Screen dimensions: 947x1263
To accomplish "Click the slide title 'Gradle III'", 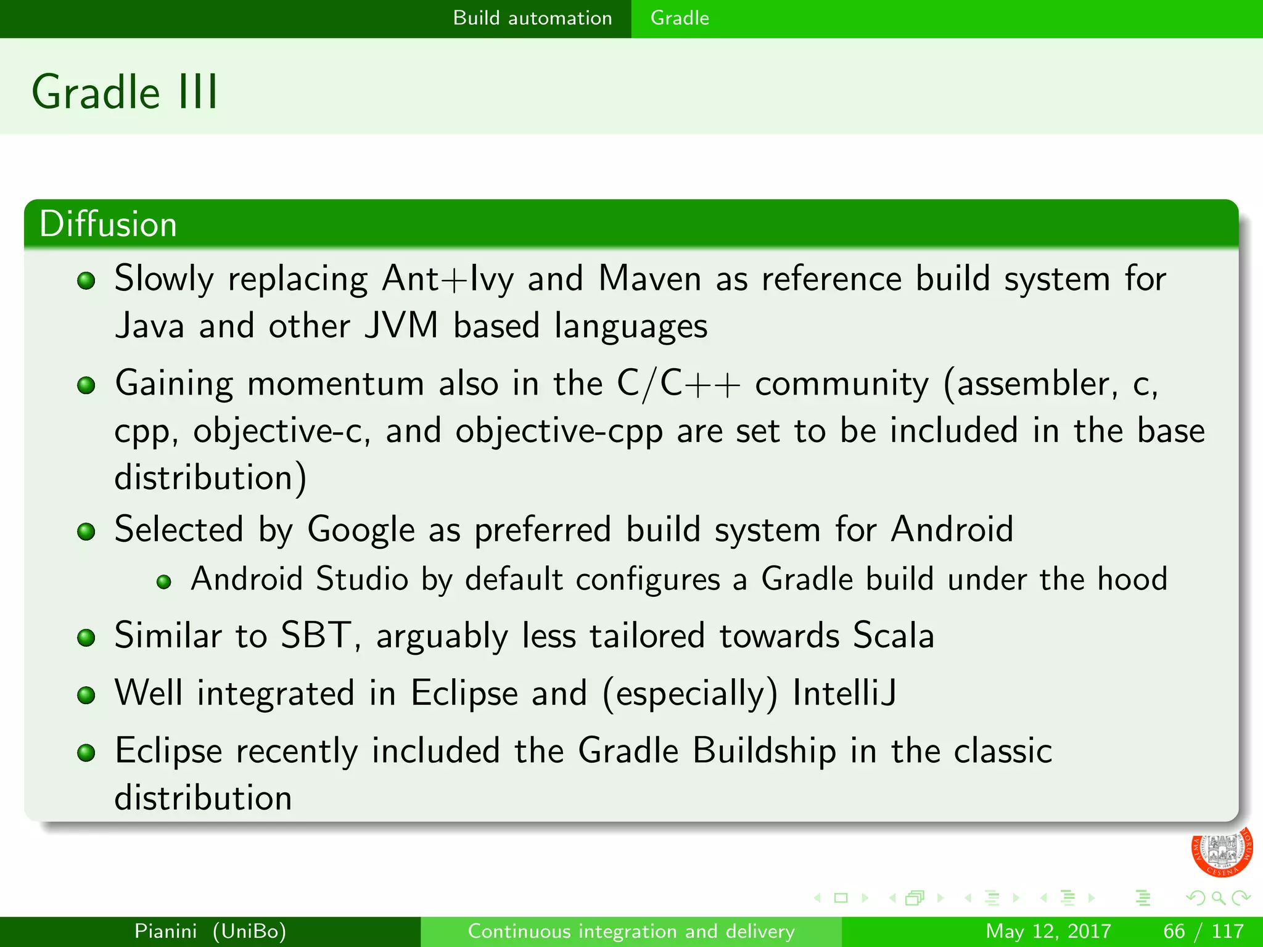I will pyautogui.click(x=125, y=92).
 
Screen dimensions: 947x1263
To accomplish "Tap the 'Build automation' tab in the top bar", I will pyautogui.click(x=532, y=18).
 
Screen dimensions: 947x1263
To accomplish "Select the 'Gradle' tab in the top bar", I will pyautogui.click(x=680, y=18).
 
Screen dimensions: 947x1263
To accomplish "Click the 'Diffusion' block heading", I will pyautogui.click(x=109, y=224).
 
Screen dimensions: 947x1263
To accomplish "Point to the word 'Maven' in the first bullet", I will pyautogui.click(x=649, y=279).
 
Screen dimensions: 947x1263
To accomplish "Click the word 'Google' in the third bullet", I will pyautogui.click(x=361, y=530).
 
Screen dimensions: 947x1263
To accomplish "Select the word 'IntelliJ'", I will pyautogui.click(x=844, y=693).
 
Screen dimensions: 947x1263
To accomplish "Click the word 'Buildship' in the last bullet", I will pyautogui.click(x=764, y=751).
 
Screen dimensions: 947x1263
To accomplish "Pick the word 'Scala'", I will pyautogui.click(x=894, y=636).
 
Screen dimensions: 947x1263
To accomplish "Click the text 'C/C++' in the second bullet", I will pyautogui.click(x=678, y=384).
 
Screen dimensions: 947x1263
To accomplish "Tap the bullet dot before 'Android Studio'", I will pyautogui.click(x=163, y=581).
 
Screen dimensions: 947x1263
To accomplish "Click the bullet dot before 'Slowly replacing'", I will pyautogui.click(x=86, y=281).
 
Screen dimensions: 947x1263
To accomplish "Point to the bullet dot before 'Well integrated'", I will pyautogui.click(x=86, y=695).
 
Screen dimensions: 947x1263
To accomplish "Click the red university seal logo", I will pyautogui.click(x=1220, y=851).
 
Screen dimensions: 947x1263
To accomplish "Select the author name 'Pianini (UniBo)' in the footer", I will pyautogui.click(x=210, y=931).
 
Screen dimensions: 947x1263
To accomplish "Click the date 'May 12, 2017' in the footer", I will pyautogui.click(x=1048, y=931).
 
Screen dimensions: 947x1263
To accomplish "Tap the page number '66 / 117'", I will pyautogui.click(x=1203, y=931).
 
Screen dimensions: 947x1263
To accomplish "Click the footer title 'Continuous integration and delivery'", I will pyautogui.click(x=631, y=931).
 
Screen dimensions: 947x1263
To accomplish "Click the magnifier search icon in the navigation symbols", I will pyautogui.click(x=1217, y=898).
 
